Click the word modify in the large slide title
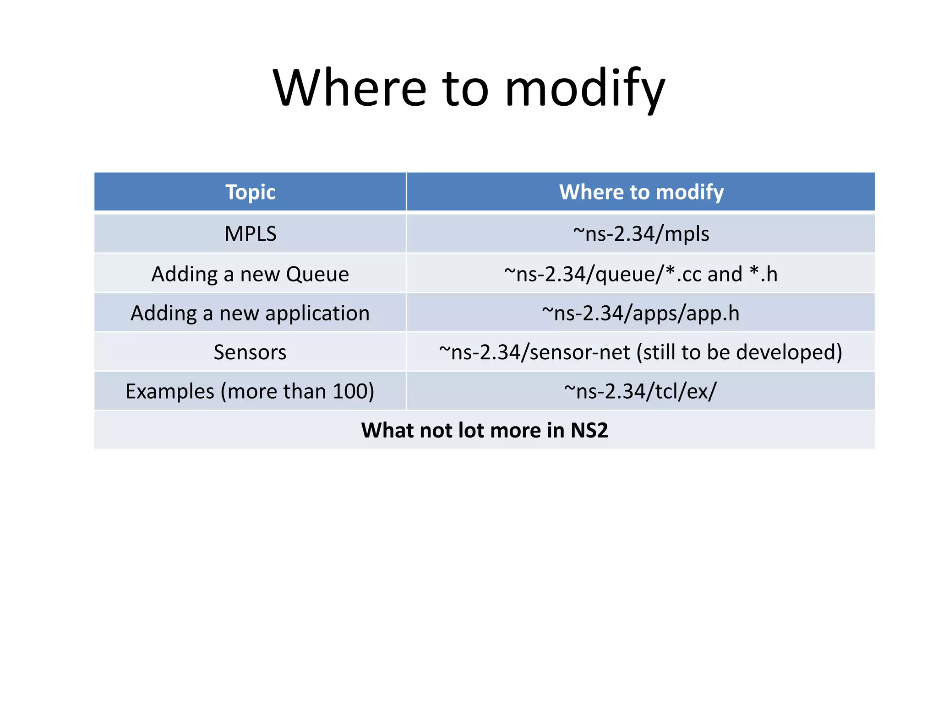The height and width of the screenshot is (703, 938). [x=584, y=88]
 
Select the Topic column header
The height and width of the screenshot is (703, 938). [x=250, y=192]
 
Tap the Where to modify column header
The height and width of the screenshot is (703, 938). [x=641, y=192]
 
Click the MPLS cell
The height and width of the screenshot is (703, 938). [x=250, y=234]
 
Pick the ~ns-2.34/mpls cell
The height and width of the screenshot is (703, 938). [x=641, y=234]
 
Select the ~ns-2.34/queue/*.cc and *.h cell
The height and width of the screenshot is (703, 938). [x=641, y=274]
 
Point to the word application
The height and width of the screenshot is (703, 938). [x=317, y=314]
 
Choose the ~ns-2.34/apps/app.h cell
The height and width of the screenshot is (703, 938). [x=641, y=314]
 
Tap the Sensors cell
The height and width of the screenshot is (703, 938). [x=250, y=352]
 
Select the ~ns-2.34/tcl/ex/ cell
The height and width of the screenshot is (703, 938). [x=641, y=391]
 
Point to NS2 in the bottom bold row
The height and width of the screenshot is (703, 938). [x=589, y=430]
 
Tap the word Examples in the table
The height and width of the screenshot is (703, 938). [x=170, y=391]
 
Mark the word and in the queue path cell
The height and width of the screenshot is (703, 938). [x=725, y=274]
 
